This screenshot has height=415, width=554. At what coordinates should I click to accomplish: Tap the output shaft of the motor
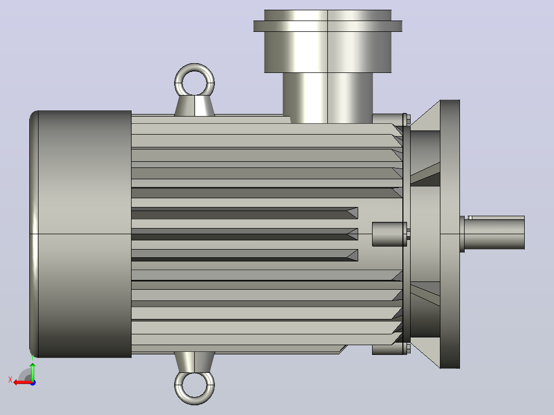coord(494,233)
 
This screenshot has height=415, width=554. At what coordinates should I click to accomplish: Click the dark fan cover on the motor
coord(81,234)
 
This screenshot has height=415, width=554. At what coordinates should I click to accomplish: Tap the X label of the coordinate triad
coord(10,380)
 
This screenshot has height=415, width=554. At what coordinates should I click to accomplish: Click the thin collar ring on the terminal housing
coord(327,26)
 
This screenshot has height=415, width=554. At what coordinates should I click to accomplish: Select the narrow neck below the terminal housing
coord(327,98)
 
